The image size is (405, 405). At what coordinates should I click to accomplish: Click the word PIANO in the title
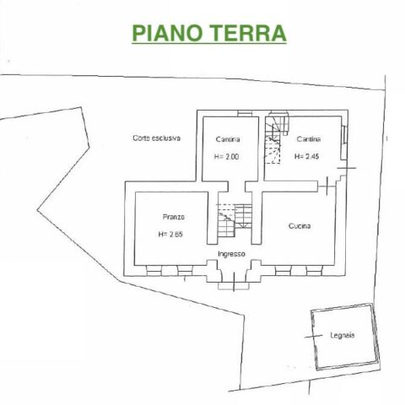click(x=167, y=33)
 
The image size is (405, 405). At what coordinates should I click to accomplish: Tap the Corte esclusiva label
click(x=157, y=138)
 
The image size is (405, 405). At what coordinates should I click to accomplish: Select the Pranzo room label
click(x=174, y=217)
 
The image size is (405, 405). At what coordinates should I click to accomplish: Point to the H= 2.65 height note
click(x=170, y=234)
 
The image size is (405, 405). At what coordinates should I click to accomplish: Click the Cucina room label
click(x=300, y=226)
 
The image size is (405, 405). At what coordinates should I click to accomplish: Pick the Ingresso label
click(x=231, y=254)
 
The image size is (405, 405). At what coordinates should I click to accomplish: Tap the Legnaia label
click(x=343, y=335)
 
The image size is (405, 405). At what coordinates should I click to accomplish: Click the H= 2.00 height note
click(x=226, y=157)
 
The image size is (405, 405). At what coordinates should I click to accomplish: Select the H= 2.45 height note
click(x=306, y=156)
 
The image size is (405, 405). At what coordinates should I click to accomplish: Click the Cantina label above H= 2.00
click(x=228, y=139)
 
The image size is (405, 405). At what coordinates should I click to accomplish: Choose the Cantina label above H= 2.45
click(x=309, y=139)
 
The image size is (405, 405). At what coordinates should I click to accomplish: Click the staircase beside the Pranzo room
click(x=235, y=220)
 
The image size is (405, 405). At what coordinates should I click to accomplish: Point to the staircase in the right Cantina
click(x=276, y=138)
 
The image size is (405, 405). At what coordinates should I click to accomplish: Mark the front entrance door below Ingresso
click(x=234, y=280)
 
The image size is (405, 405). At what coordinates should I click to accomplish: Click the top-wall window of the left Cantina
click(x=245, y=113)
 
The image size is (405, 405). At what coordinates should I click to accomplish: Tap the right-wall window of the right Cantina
click(x=344, y=135)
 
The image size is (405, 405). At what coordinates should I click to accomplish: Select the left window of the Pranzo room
click(x=154, y=271)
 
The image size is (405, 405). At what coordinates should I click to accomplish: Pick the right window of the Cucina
click(x=314, y=271)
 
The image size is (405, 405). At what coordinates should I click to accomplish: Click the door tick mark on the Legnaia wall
click(x=314, y=336)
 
